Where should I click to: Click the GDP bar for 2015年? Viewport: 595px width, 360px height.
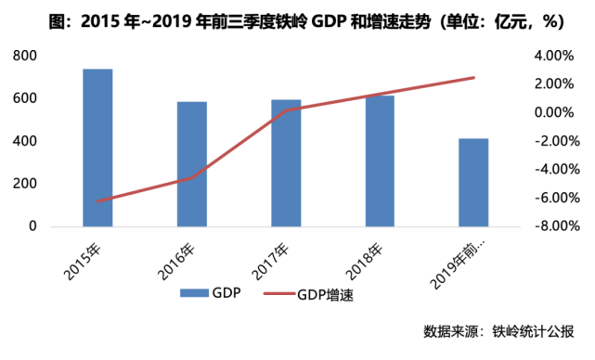coord(97,148)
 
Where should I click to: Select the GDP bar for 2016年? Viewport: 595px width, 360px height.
coord(192,164)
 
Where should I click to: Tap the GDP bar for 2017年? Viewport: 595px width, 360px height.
coord(286,163)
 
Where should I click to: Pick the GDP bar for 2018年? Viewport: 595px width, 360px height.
coord(380,161)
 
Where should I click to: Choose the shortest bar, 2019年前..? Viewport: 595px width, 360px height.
coord(473,183)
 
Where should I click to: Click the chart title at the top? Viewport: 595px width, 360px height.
coord(297,19)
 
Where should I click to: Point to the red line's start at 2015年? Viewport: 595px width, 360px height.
coord(97,200)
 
